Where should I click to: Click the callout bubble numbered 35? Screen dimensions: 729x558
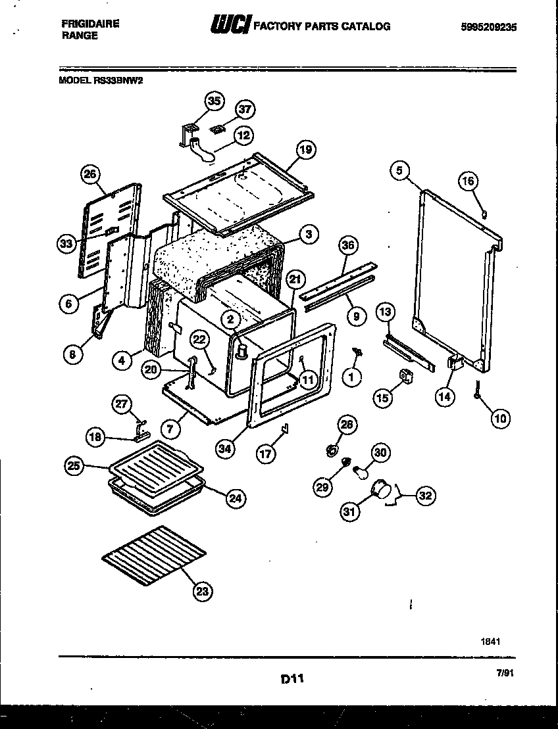click(214, 101)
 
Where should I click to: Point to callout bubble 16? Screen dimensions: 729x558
click(468, 181)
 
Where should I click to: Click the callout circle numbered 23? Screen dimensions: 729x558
click(203, 592)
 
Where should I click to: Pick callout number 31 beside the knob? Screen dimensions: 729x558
click(350, 511)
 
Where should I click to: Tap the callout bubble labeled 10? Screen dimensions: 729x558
click(500, 417)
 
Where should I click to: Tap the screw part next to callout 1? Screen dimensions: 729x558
click(359, 354)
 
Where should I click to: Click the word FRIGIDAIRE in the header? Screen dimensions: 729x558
click(90, 23)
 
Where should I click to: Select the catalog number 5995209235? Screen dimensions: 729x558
click(489, 27)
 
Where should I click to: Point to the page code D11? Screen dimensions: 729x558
click(290, 678)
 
